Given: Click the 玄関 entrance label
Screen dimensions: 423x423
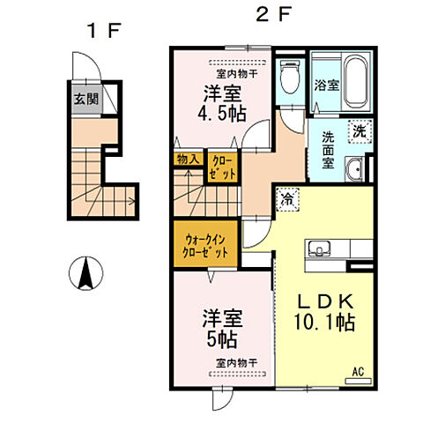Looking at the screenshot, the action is click(x=86, y=100).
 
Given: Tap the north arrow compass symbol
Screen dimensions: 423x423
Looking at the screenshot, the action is click(x=86, y=273).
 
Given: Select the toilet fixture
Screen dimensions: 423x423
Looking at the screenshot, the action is click(x=290, y=77).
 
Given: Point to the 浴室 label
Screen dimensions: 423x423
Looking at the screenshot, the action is click(x=327, y=85).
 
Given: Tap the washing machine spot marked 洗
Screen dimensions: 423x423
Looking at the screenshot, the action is click(x=360, y=131).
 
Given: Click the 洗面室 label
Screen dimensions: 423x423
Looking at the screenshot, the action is click(x=328, y=150).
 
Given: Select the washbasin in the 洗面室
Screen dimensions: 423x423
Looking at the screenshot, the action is click(x=355, y=169).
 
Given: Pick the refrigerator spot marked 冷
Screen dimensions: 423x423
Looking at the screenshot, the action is click(x=287, y=199).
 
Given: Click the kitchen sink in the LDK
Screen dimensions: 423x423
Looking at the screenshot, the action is click(x=318, y=249).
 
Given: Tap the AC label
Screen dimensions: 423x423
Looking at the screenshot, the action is click(x=358, y=372).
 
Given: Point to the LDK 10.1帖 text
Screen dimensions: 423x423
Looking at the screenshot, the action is click(x=325, y=313).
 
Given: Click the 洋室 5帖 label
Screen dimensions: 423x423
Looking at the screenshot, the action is click(x=222, y=330).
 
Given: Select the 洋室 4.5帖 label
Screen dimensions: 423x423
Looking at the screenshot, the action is click(x=222, y=104).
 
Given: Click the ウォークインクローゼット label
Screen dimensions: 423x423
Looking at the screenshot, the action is click(x=205, y=246).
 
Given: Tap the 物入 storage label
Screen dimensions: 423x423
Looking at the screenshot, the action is click(x=189, y=160).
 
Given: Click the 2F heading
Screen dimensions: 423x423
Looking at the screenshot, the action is click(x=273, y=15).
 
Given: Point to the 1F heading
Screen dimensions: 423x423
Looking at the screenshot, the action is click(x=104, y=31).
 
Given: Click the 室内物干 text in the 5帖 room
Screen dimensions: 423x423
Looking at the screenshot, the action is click(x=236, y=363).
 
